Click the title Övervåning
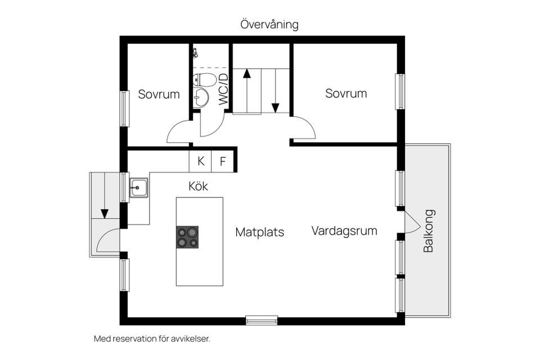tap(269, 25)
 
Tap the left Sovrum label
tap(159, 94)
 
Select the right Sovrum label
tap(346, 93)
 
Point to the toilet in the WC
tap(204, 79)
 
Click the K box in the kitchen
tap(200, 161)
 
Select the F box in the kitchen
tap(223, 161)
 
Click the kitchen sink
tap(138, 187)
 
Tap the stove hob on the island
tap(187, 237)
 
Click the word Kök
tap(198, 186)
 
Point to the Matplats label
tap(259, 232)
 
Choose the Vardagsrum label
tap(344, 231)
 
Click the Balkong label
tap(429, 231)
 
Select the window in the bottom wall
tap(262, 321)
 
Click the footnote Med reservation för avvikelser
tap(151, 339)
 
